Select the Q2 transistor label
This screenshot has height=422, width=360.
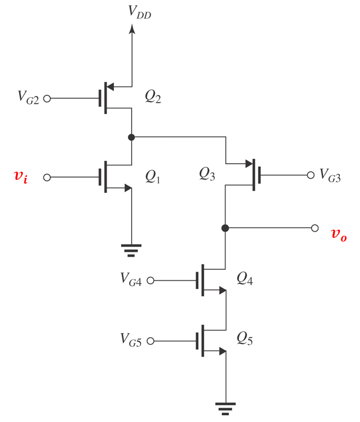153,97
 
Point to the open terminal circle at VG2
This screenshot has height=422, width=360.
47,98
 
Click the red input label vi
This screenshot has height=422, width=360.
20,177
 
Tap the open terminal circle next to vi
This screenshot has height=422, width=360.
47,177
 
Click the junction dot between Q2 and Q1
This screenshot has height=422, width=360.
132,137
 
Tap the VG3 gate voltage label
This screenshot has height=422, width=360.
330,176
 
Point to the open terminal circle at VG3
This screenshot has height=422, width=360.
311,175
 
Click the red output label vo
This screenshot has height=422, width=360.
338,234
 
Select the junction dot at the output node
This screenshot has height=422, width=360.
225,228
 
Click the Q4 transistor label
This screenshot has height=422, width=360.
245,278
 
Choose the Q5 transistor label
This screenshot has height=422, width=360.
245,339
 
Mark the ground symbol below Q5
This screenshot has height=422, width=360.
225,408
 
